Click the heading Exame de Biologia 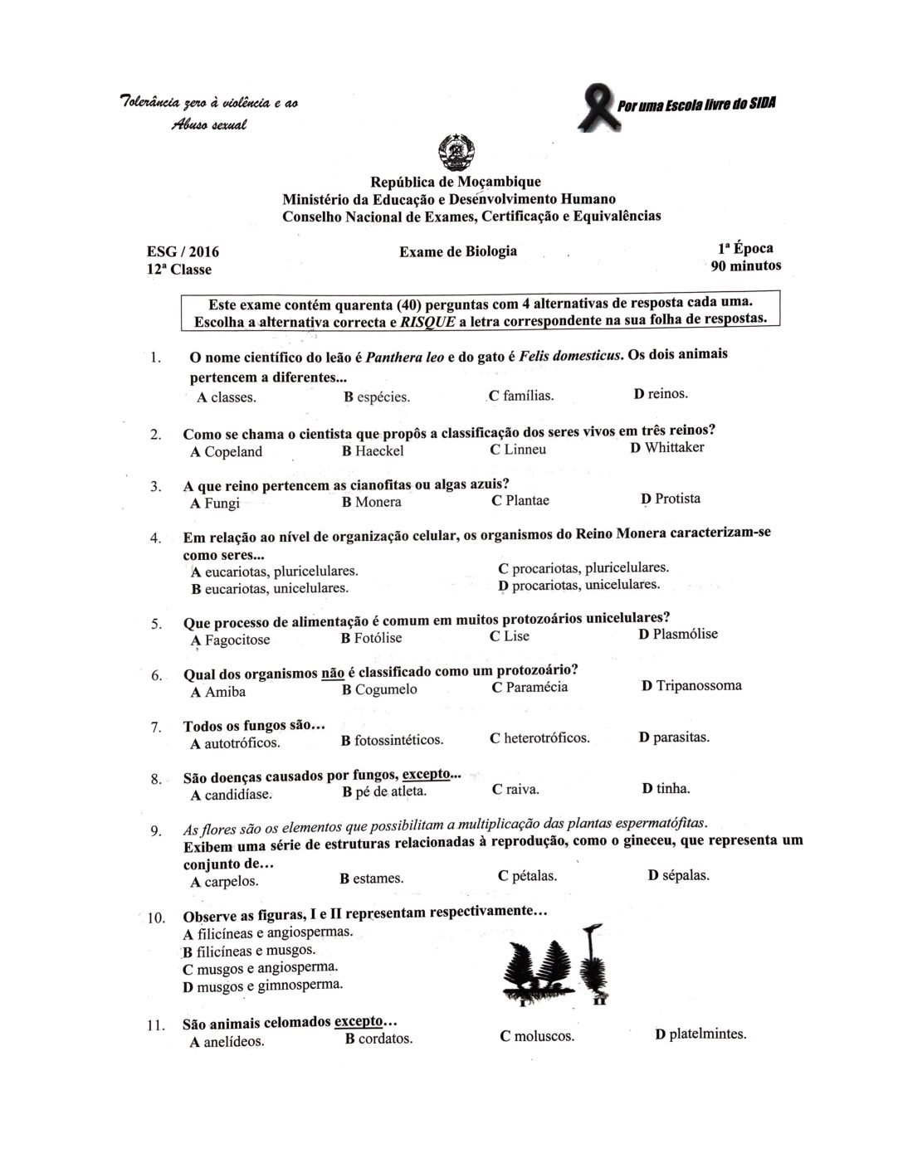(x=458, y=251)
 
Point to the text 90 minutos (x=745, y=266)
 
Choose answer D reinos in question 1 (x=661, y=393)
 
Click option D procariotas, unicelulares (x=579, y=585)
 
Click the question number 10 (x=156, y=918)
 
